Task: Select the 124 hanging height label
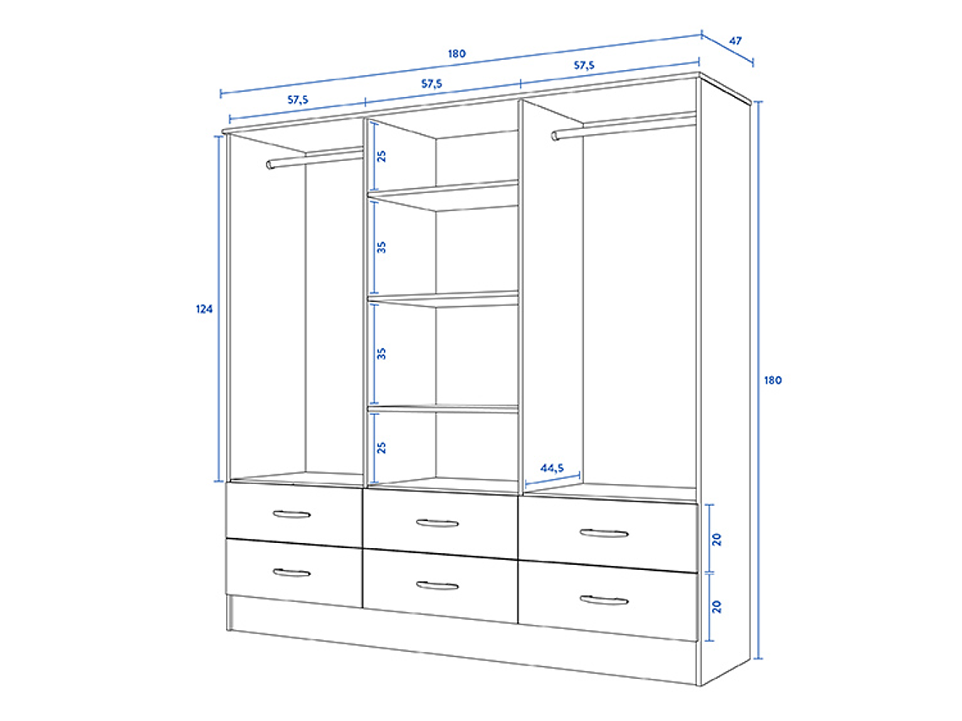[x=204, y=309]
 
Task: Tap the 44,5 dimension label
[x=552, y=467]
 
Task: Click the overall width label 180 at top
[x=457, y=54]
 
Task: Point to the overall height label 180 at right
[x=773, y=379]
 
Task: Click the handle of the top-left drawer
[x=292, y=514]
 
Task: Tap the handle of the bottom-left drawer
[x=292, y=573]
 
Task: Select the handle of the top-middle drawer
[x=437, y=523]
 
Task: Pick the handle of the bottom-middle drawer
[x=437, y=585]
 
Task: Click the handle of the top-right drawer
[x=604, y=533]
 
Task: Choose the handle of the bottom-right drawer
[x=604, y=600]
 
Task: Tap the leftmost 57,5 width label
[x=298, y=100]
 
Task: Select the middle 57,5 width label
[x=431, y=83]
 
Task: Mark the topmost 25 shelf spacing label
[x=381, y=156]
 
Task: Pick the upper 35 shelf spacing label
[x=381, y=247]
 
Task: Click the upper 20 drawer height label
[x=717, y=538]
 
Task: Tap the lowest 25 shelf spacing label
[x=381, y=447]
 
